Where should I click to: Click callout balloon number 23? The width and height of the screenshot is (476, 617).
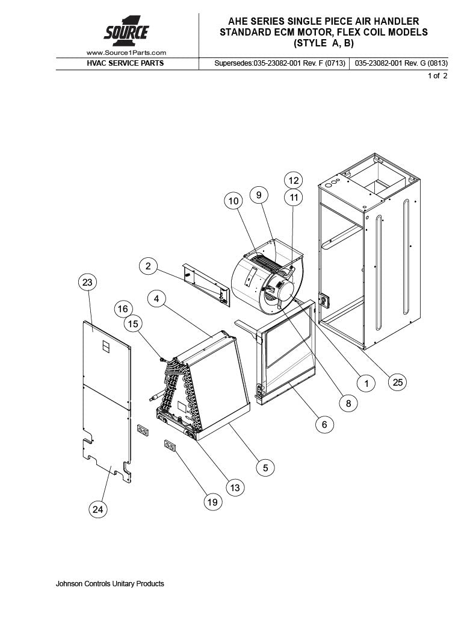(87, 282)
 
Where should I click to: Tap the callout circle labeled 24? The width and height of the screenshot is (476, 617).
(97, 509)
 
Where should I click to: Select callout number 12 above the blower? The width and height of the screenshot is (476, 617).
(294, 181)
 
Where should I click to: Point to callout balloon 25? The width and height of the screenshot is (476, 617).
(398, 382)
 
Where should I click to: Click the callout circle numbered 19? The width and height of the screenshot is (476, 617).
(212, 502)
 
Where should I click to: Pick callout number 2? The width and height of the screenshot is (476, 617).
(148, 266)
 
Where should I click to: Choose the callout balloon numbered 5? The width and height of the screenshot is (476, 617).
(265, 468)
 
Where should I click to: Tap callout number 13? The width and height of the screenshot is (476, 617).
(235, 487)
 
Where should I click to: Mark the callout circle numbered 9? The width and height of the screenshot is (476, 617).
(259, 195)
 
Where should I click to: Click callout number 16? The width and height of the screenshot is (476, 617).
(123, 309)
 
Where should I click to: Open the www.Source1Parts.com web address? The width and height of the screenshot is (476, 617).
(126, 53)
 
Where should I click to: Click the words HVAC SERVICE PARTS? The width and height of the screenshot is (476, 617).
(125, 63)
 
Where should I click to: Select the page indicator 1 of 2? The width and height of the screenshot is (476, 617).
(437, 75)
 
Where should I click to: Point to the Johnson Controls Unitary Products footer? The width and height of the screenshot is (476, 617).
(110, 583)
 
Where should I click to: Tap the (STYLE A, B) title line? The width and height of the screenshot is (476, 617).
(324, 43)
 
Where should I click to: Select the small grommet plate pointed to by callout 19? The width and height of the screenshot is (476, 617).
(170, 446)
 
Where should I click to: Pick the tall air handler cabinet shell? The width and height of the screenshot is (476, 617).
(369, 251)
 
